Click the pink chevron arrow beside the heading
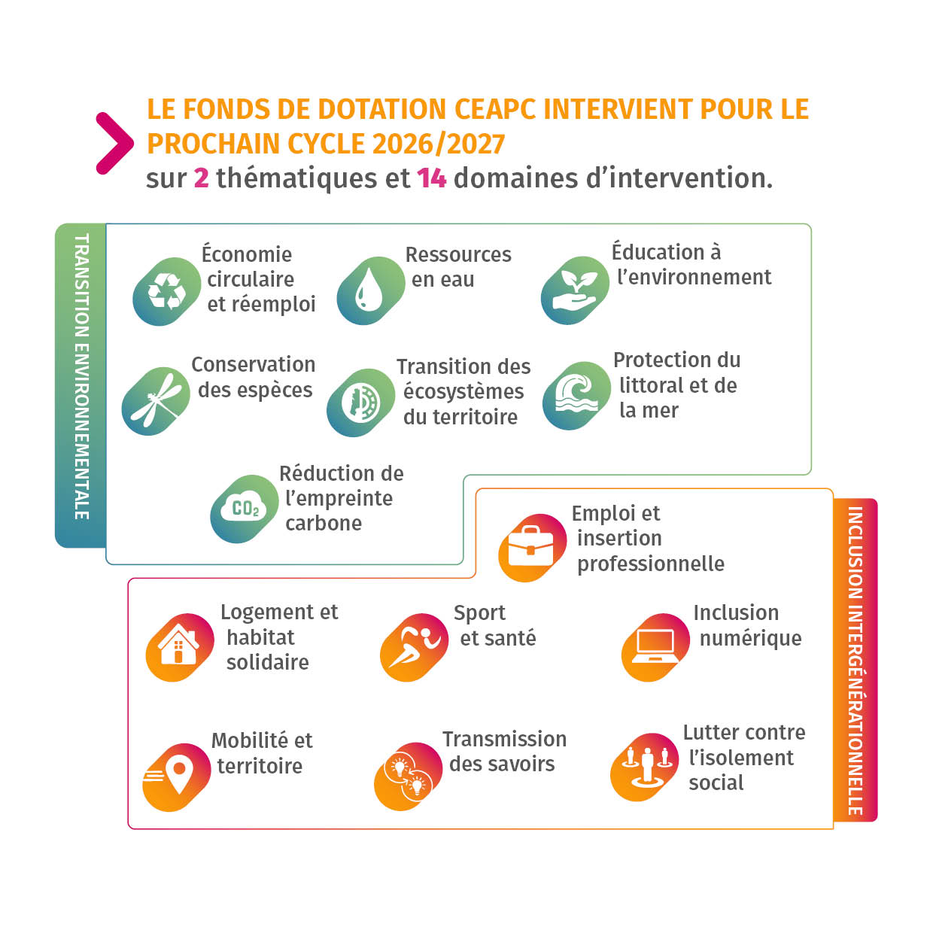(x=114, y=143)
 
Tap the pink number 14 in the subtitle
(x=431, y=178)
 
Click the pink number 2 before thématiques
(x=201, y=178)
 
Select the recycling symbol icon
(x=166, y=291)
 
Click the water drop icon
(x=370, y=291)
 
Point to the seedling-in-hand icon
(x=575, y=291)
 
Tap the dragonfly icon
(x=156, y=401)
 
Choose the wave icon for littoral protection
(x=576, y=395)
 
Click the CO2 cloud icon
(x=245, y=509)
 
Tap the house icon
(x=179, y=647)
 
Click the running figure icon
(x=414, y=647)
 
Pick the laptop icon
(x=655, y=647)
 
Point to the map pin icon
(x=177, y=776)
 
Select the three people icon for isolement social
(x=645, y=766)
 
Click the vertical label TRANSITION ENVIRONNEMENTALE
(x=81, y=376)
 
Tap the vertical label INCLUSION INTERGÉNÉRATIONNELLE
(x=855, y=660)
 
